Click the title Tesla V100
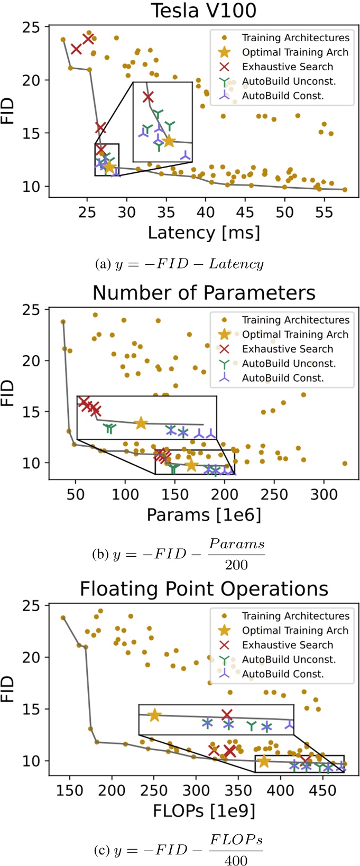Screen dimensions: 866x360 [x=204, y=11]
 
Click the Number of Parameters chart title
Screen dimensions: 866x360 [x=204, y=293]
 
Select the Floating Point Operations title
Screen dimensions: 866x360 [x=204, y=589]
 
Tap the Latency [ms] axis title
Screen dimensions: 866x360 [x=204, y=233]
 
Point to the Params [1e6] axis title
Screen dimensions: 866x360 [x=204, y=515]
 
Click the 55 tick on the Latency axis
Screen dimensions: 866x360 [x=324, y=212]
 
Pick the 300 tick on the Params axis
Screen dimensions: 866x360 [x=324, y=494]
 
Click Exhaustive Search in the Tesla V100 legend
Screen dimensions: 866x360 [x=288, y=67]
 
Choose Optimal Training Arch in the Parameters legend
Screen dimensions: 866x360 [x=295, y=334]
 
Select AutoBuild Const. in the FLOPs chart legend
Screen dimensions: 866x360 [x=283, y=674]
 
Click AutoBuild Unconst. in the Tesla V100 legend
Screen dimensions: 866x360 [x=289, y=81]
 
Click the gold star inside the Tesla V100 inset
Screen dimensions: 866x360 [x=169, y=141]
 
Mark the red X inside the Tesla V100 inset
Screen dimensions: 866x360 [x=148, y=97]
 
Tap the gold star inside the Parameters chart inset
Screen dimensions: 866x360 [x=141, y=423]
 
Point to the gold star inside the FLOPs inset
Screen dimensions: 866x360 [x=154, y=715]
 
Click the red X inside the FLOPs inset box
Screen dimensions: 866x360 [x=227, y=715]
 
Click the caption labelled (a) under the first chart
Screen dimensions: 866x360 [x=179, y=264]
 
